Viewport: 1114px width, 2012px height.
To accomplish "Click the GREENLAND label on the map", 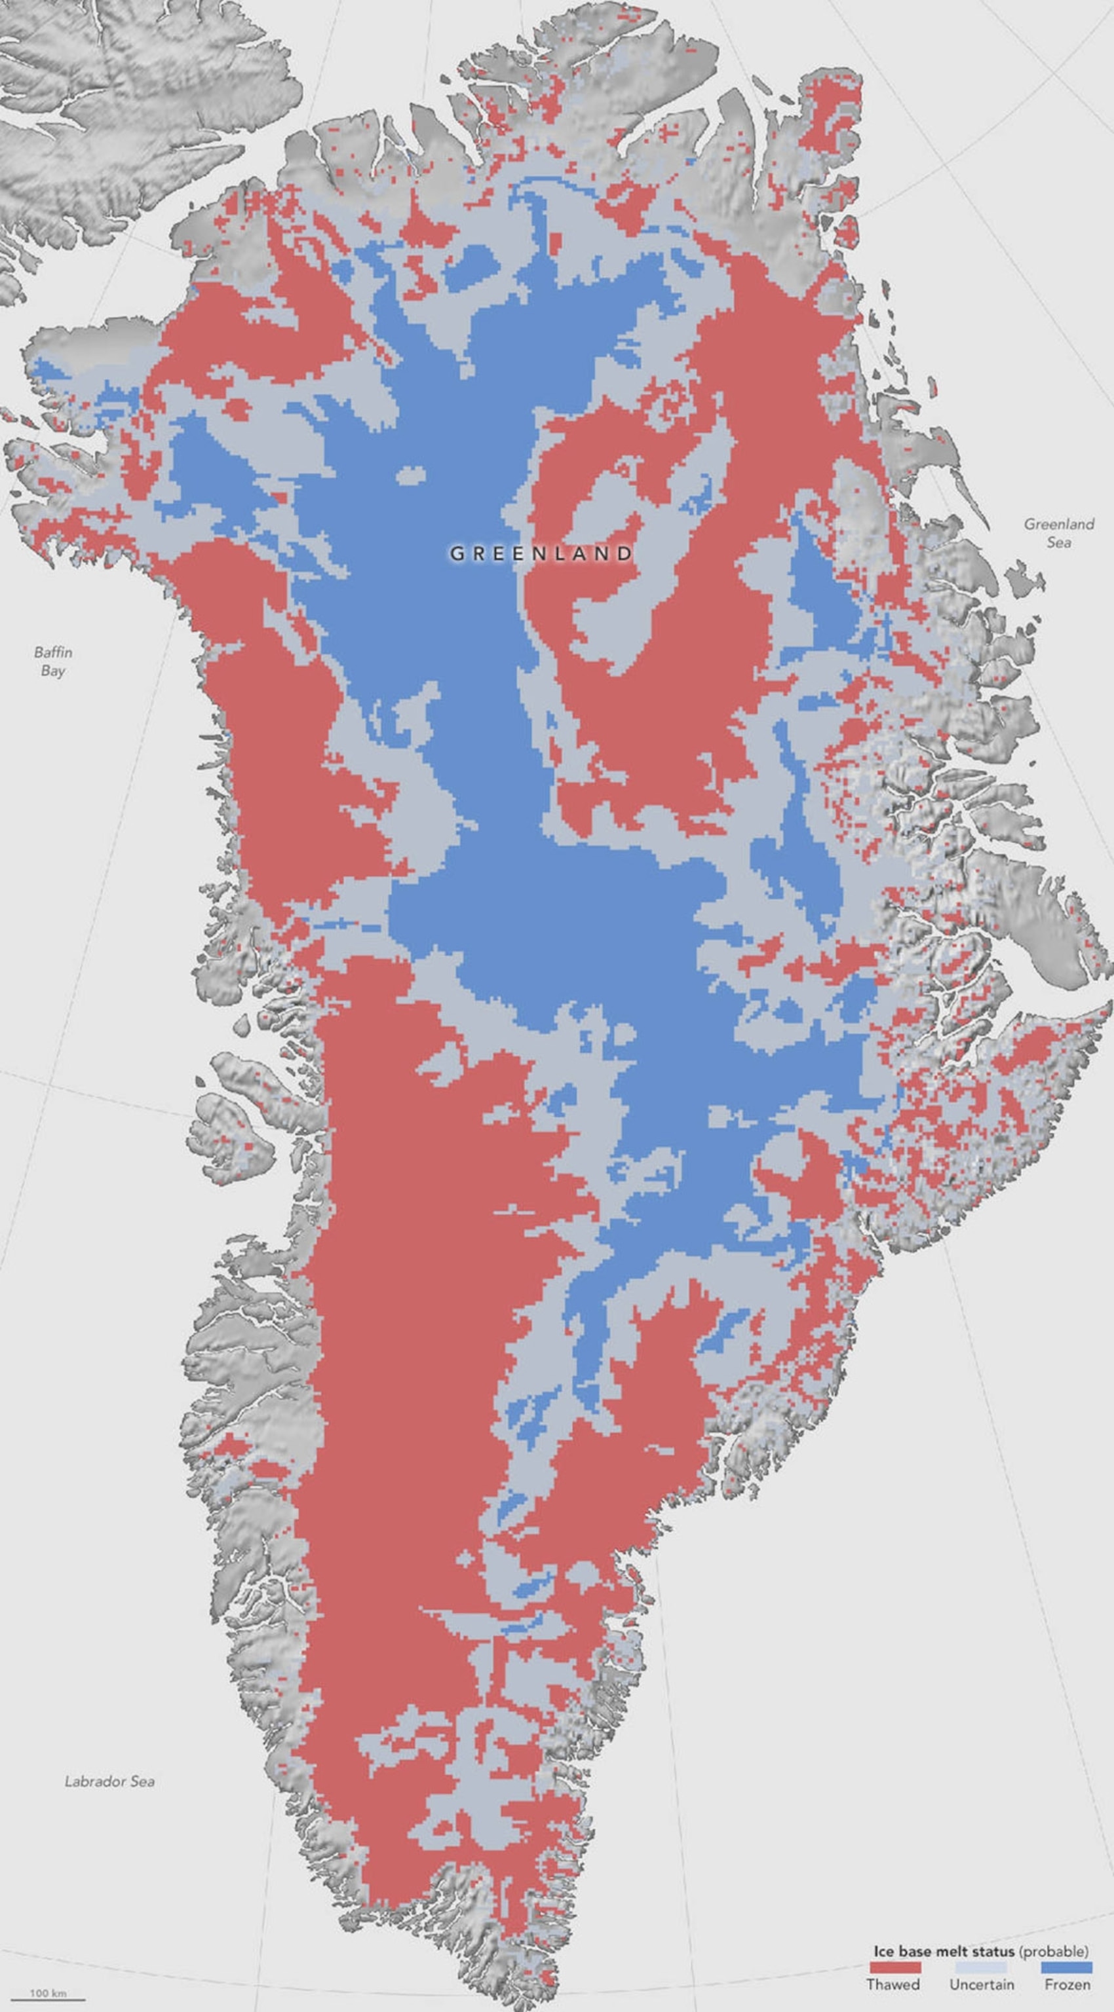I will [541, 553].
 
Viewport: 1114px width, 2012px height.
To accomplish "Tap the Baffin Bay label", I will [53, 661].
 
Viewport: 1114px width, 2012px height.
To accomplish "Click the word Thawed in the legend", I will [893, 1984].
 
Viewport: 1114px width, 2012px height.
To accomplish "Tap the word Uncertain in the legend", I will [981, 1984].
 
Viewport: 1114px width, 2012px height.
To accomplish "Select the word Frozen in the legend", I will [1067, 1984].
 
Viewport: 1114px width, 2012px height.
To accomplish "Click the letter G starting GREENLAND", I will [456, 553].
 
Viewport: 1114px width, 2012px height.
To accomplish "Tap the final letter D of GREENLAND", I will [625, 553].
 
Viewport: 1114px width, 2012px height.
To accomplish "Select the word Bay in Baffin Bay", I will [53, 671].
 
